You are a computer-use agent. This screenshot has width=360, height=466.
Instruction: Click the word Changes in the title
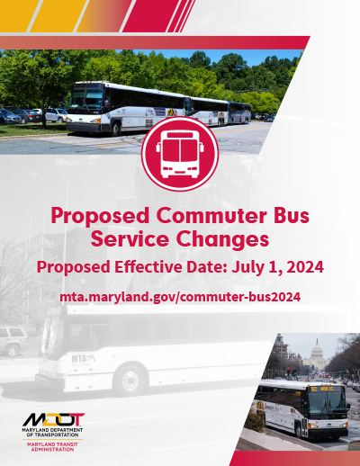click(224, 241)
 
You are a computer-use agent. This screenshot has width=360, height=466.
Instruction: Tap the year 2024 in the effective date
click(300, 267)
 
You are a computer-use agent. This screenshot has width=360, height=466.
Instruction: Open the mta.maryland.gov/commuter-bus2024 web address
click(180, 295)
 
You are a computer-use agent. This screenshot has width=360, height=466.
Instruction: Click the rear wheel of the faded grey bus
click(130, 381)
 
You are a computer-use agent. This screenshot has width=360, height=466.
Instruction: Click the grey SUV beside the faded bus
click(13, 341)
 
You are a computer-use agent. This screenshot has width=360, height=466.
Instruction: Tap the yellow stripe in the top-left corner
click(36, 13)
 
